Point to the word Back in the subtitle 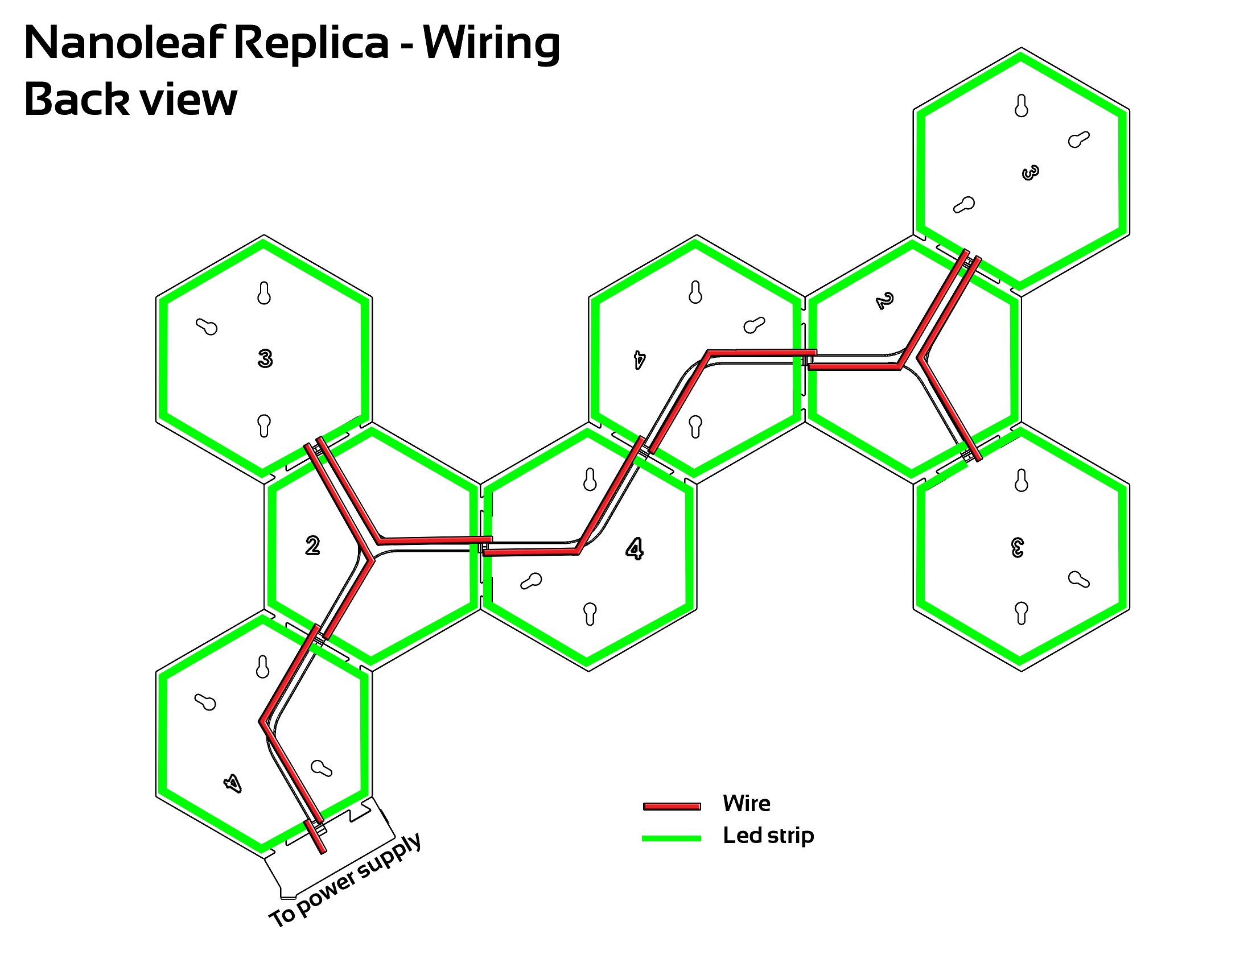[x=77, y=98]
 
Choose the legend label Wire [x=747, y=803]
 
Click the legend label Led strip [x=768, y=836]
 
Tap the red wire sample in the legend [x=672, y=807]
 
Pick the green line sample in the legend [x=672, y=838]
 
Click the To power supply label [x=345, y=880]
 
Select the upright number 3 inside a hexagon [x=265, y=358]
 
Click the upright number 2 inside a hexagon [x=312, y=546]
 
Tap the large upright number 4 [x=635, y=549]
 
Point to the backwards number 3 [x=1018, y=547]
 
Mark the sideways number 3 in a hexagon [x=1030, y=172]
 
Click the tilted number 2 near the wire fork [x=885, y=301]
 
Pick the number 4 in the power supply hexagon [x=233, y=783]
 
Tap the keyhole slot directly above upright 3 [x=264, y=293]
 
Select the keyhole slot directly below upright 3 [x=264, y=425]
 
